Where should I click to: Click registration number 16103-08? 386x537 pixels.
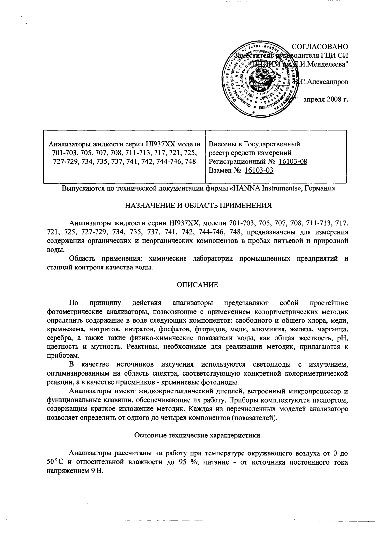pyautogui.click(x=293, y=161)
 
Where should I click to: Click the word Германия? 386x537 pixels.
pyautogui.click(x=319, y=189)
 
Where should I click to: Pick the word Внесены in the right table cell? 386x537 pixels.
pyautogui.click(x=221, y=144)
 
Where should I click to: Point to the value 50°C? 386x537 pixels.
pyautogui.click(x=56, y=462)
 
